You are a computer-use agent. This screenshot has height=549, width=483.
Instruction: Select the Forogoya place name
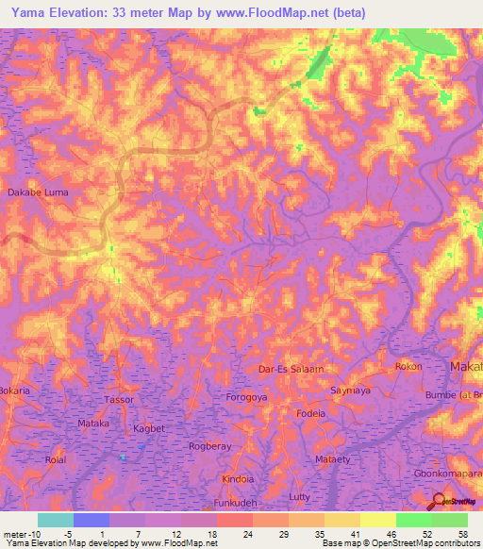[x=248, y=397]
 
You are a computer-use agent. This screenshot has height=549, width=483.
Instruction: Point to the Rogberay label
[x=212, y=447]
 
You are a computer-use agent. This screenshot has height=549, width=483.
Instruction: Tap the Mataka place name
[x=94, y=424]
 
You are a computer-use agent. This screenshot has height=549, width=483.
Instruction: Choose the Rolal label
[x=57, y=459]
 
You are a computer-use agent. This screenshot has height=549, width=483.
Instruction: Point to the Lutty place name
[x=300, y=496]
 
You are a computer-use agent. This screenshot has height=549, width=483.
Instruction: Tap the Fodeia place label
[x=310, y=413]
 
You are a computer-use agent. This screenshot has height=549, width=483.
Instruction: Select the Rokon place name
[x=408, y=366]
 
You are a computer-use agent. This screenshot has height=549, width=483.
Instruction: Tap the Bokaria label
[x=14, y=390]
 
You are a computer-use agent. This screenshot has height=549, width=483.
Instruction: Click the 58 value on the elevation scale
[x=461, y=534]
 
